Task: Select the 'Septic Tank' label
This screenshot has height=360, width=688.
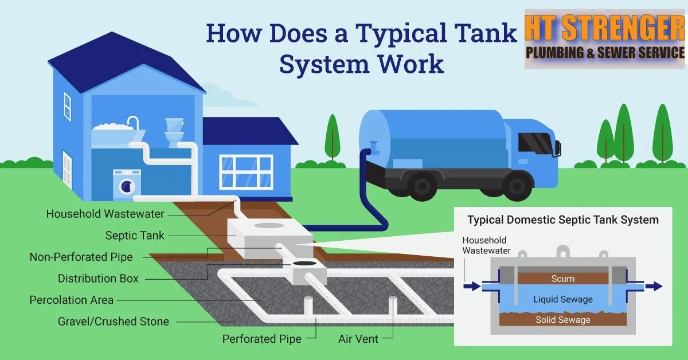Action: pyautogui.click(x=135, y=236)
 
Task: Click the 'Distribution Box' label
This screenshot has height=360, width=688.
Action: pyautogui.click(x=98, y=279)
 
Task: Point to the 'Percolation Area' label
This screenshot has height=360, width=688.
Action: pyautogui.click(x=72, y=300)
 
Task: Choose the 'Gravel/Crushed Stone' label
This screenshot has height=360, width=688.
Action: pyautogui.click(x=114, y=321)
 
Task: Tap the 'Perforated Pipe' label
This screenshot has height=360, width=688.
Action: pyautogui.click(x=262, y=339)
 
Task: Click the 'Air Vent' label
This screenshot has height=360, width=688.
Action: pyautogui.click(x=358, y=339)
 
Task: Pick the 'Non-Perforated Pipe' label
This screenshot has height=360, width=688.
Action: pyautogui.click(x=81, y=257)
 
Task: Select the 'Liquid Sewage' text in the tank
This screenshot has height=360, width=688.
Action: pyautogui.click(x=562, y=299)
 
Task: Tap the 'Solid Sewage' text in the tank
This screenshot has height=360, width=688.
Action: pyautogui.click(x=562, y=320)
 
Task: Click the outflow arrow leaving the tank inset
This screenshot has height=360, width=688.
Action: pyautogui.click(x=654, y=286)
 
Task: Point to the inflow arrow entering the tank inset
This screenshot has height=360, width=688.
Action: pyautogui.click(x=472, y=286)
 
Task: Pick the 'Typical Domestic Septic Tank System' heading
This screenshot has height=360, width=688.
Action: pyautogui.click(x=562, y=220)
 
